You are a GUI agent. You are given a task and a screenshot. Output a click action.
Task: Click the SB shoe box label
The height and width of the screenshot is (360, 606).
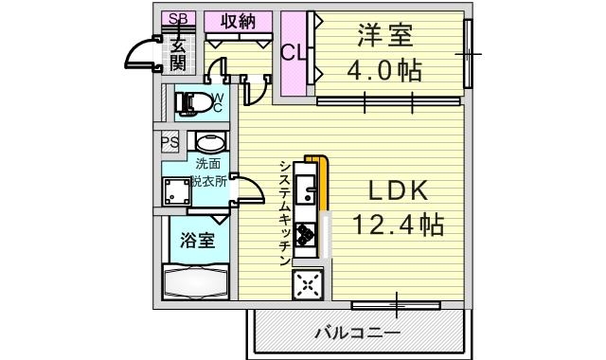[x=176, y=19]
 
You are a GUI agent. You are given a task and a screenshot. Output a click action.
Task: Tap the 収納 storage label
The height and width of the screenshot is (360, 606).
[x=241, y=21]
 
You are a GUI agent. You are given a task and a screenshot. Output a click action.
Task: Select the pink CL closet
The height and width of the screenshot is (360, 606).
[x=293, y=53]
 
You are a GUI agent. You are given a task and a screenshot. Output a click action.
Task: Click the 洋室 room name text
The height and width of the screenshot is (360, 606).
[x=385, y=38]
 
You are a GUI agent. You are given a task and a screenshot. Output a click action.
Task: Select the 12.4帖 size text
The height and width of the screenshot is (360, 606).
[x=399, y=225]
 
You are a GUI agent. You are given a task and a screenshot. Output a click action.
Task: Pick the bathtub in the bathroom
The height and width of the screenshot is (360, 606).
[x=194, y=282]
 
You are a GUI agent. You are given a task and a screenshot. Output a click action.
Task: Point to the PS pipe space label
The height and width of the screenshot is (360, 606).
[x=170, y=143]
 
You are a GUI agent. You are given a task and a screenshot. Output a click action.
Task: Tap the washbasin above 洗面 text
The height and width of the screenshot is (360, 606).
[x=208, y=142]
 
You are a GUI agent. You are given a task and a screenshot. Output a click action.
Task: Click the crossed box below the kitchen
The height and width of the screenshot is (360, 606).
[x=308, y=284]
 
